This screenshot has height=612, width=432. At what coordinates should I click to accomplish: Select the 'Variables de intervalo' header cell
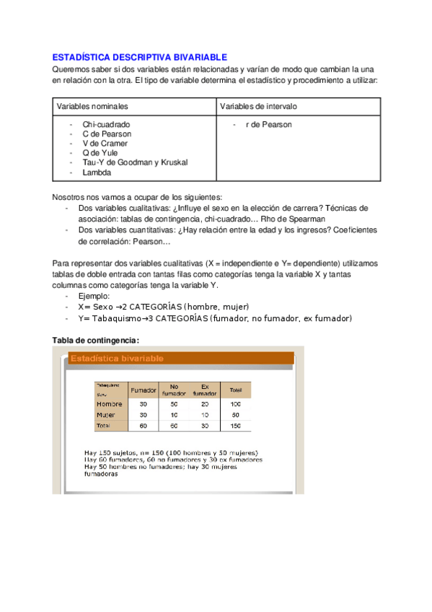point(258,106)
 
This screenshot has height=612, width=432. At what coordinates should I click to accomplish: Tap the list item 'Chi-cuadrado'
point(106,124)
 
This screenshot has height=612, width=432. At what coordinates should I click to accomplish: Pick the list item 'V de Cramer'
point(105,143)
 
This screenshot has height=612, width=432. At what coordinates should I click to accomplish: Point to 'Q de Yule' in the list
point(100,153)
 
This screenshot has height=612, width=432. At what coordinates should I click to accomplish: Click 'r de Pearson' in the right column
point(268,124)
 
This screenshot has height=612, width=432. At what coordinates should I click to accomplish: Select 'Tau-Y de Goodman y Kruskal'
point(135,162)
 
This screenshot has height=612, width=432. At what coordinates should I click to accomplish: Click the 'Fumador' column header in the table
point(143,390)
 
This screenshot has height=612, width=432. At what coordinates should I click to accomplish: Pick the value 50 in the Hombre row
point(174,404)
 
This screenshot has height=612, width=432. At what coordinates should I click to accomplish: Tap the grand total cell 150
point(234,427)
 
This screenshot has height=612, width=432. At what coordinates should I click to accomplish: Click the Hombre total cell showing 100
point(234,404)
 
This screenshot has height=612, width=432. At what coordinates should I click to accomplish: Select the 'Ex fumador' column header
point(205,390)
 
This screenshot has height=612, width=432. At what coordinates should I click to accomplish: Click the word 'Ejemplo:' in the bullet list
point(94,296)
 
